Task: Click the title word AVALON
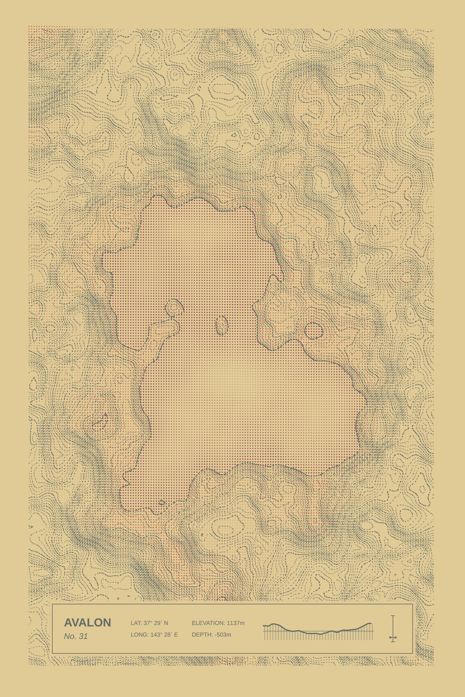pyautogui.click(x=87, y=623)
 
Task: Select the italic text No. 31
pyautogui.click(x=76, y=636)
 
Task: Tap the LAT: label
pyautogui.click(x=136, y=623)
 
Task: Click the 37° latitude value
pyautogui.click(x=148, y=623)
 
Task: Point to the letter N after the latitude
pyautogui.click(x=166, y=623)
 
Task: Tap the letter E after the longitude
pyautogui.click(x=176, y=635)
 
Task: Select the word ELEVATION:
pyautogui.click(x=208, y=623)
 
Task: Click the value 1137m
pyautogui.click(x=235, y=623)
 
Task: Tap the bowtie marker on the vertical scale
pyautogui.click(x=393, y=637)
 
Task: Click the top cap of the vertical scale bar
pyautogui.click(x=393, y=616)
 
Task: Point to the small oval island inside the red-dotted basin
pyautogui.click(x=221, y=325)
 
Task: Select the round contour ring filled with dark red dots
pyautogui.click(x=314, y=331)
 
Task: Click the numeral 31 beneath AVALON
pyautogui.click(x=83, y=636)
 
